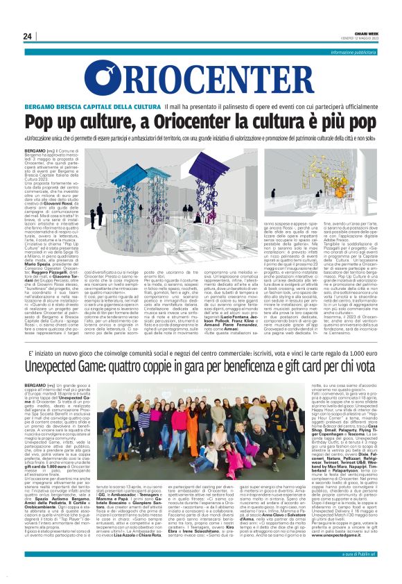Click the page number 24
coord(28,36)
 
